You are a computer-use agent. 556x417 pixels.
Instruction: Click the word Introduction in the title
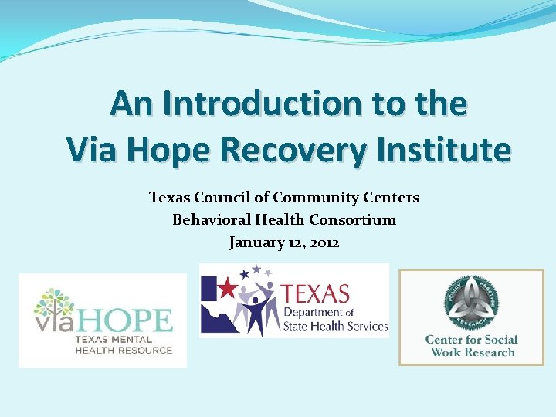click(230, 103)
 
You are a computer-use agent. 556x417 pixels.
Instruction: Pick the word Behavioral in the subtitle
click(208, 220)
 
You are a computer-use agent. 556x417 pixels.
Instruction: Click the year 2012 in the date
click(323, 242)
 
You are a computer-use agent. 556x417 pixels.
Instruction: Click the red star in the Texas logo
click(227, 289)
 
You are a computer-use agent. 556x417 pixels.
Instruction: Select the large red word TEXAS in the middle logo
click(315, 294)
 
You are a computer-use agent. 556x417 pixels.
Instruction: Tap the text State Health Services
click(334, 326)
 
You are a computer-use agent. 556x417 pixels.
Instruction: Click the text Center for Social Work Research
click(471, 346)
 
